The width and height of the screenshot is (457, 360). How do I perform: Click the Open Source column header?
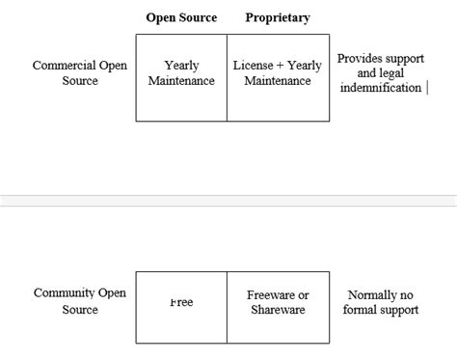point(181,17)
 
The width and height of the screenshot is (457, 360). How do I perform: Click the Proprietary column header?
point(278,17)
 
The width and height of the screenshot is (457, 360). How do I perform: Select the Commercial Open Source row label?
point(80,73)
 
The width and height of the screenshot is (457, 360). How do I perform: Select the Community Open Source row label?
point(80,301)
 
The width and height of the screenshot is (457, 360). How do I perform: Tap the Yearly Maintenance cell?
point(181,73)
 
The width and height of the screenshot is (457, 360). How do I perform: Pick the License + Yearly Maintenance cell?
point(278,73)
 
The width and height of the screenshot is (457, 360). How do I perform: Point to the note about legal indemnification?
point(380,73)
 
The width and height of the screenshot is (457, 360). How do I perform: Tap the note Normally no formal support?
point(383,302)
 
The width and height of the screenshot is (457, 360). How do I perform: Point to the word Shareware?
point(278,310)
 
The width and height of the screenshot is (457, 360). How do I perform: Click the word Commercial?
point(66,66)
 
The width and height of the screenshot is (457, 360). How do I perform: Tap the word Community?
point(66,293)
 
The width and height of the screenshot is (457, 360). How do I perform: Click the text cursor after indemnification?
point(427,88)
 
